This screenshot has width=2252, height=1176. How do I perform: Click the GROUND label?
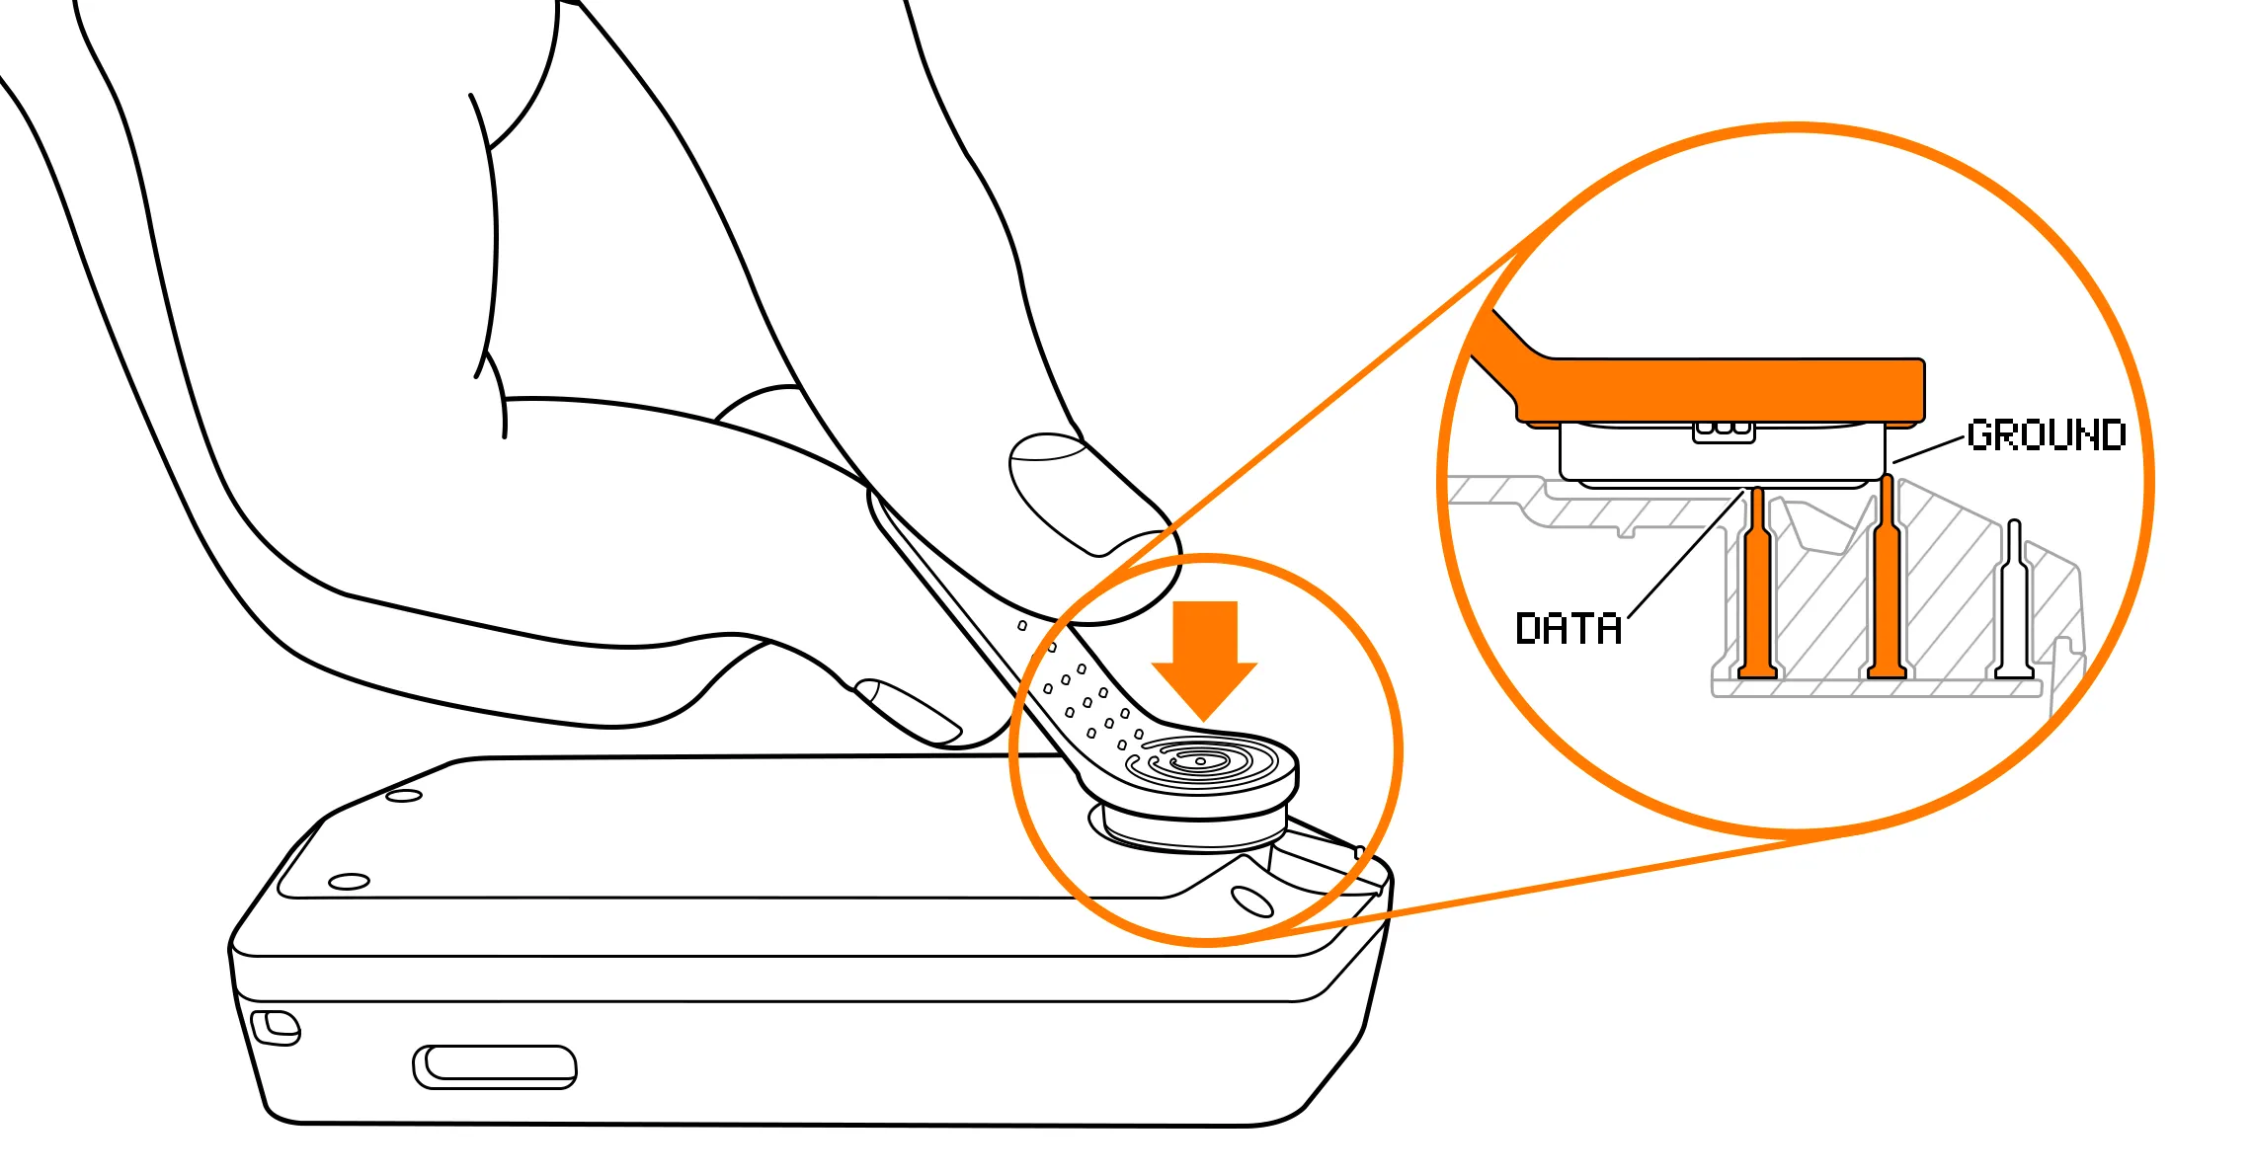[x=2046, y=435]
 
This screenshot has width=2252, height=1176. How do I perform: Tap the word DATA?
[x=1568, y=629]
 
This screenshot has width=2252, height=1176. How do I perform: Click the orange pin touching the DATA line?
[x=1756, y=583]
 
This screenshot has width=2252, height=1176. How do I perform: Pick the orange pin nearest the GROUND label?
[x=1887, y=577]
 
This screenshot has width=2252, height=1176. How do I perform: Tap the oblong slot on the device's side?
[x=494, y=1067]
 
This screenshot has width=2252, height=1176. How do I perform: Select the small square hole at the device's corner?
[x=276, y=1027]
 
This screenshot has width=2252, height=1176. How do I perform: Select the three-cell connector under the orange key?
[x=1724, y=431]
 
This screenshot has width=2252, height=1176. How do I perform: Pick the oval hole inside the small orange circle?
[x=1253, y=901]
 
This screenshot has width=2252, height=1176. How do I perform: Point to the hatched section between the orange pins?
[x=1822, y=592]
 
